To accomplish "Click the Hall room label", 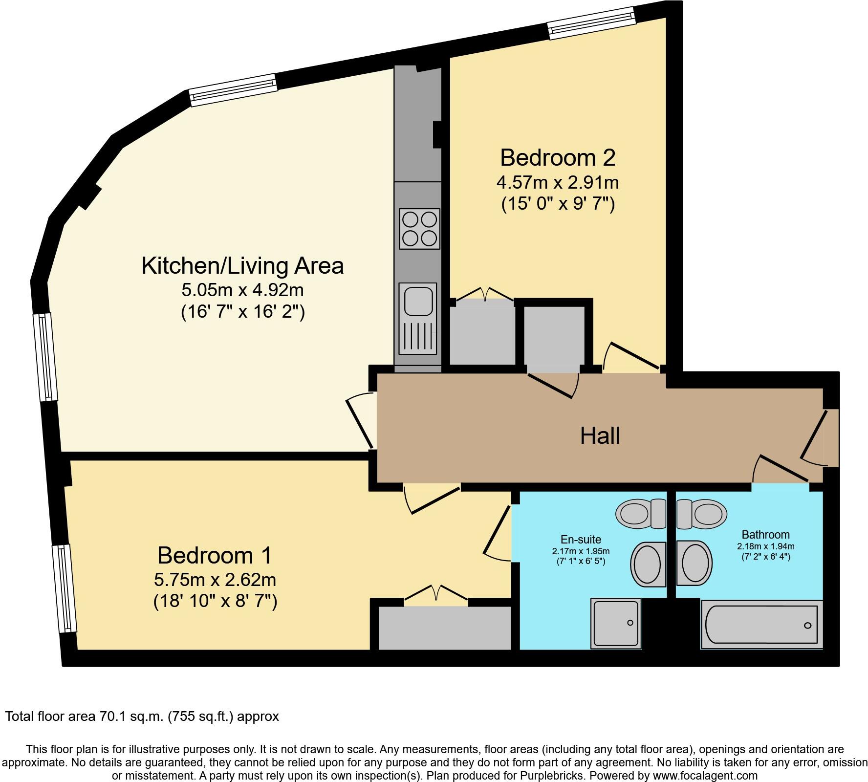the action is click(600, 435).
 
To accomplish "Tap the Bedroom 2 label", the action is click(558, 158).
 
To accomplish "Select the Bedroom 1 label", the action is click(215, 556).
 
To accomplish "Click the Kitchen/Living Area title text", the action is click(242, 266).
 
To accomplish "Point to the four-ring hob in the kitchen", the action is click(419, 229).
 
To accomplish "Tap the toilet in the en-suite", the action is click(641, 514).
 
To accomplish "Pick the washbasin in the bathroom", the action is click(694, 564).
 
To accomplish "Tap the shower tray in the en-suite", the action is click(616, 623).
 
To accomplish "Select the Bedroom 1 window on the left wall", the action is click(65, 589).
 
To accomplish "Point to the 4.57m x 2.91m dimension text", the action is click(558, 183).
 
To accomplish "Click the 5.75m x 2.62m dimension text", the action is click(215, 580).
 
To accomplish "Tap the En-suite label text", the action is click(581, 540).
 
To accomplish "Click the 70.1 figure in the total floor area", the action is click(110, 717).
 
